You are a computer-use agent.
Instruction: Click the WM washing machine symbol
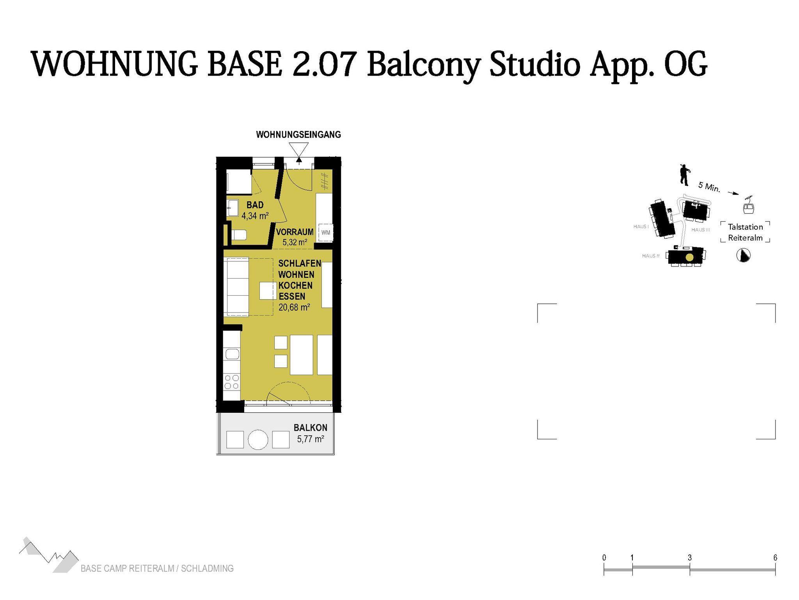pos(325,233)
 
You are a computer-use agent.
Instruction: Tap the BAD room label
pos(255,205)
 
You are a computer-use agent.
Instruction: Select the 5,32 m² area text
pos(295,242)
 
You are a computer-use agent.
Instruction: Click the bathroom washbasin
pos(233,208)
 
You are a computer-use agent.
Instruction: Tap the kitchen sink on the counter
pos(232,354)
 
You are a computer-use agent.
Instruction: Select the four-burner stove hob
pos(232,382)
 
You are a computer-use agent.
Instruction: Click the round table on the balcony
pos(258,439)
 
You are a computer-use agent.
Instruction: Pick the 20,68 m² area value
pos(294,307)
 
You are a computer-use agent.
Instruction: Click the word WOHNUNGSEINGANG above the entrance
pos(298,135)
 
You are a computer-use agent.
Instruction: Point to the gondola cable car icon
pos(748,206)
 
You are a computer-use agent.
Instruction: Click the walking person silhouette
pos(684,174)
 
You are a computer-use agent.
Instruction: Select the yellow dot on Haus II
pos(690,257)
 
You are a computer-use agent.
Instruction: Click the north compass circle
pos(743,256)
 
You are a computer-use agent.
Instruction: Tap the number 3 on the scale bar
pos(690,558)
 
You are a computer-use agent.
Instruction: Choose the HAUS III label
pos(701,230)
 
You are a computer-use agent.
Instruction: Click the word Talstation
pos(745,227)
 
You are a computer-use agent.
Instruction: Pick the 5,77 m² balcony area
pos(311,439)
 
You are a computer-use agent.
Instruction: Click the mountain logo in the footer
pos(49,555)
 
